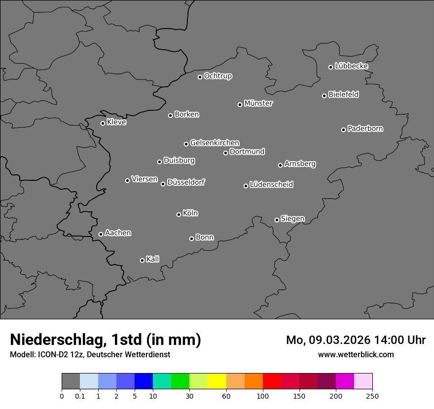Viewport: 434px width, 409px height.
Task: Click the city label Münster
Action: [258, 103]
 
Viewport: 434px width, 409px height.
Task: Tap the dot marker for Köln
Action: [179, 214]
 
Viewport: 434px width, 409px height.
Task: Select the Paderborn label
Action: [365, 129]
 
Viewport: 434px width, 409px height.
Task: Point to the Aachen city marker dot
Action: [101, 234]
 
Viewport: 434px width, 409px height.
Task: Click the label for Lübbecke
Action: [352, 66]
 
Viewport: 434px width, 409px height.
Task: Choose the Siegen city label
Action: [292, 219]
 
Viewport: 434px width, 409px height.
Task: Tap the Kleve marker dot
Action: [103, 123]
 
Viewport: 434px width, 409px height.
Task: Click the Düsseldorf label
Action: [186, 182]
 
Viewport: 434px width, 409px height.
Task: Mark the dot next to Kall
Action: [142, 260]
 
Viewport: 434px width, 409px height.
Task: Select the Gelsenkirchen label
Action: [215, 143]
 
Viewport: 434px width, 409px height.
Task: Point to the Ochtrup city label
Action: [218, 76]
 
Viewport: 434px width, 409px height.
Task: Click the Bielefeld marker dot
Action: [324, 96]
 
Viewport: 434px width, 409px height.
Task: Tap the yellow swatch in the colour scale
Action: [217, 381]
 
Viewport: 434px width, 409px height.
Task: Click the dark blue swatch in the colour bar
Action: [144, 381]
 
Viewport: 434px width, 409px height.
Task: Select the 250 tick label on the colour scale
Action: [372, 396]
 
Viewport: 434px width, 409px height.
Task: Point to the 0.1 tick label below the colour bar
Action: [80, 396]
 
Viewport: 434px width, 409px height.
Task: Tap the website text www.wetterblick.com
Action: [356, 354]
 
